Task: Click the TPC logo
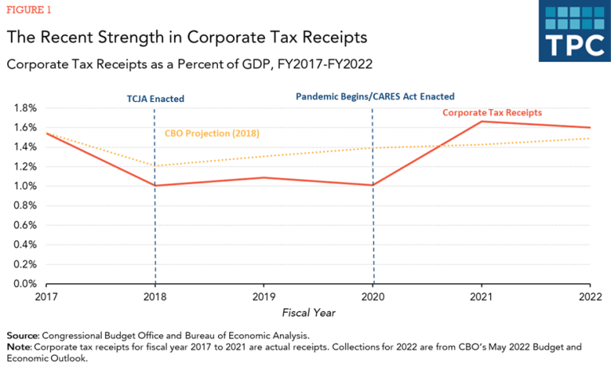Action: [574, 31]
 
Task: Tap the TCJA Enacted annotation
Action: [156, 100]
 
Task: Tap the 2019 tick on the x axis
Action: [264, 299]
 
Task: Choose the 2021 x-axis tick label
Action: [481, 299]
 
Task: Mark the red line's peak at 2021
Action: [481, 121]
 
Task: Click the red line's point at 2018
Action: [155, 185]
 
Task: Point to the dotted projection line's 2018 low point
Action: [155, 166]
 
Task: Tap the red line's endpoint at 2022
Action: [590, 127]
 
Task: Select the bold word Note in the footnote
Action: [20, 347]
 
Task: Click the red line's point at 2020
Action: [373, 185]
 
